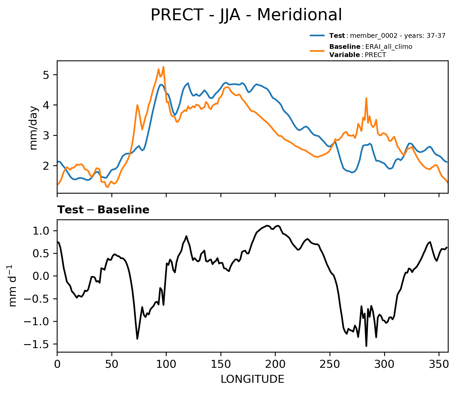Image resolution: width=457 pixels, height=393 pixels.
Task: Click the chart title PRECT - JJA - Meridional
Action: tap(246, 15)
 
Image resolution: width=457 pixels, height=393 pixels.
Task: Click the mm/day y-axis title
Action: tap(34, 128)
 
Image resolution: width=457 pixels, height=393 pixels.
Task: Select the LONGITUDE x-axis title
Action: tap(252, 379)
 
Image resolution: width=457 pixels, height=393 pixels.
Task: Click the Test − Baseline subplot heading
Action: tap(103, 210)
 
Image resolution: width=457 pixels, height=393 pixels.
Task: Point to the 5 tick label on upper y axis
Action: tap(46, 75)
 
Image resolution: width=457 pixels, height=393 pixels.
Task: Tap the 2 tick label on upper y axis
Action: tap(46, 166)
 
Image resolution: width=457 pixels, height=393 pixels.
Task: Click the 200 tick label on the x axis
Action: tap(275, 364)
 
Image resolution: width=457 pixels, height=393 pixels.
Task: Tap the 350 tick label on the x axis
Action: tap(439, 364)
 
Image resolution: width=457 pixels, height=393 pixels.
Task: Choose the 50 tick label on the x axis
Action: tap(112, 364)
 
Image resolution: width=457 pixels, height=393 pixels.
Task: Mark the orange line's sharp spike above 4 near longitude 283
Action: tap(366, 98)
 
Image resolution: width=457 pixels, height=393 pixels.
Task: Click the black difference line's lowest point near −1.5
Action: tap(366, 346)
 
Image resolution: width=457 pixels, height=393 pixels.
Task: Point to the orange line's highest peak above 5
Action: tap(163, 67)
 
